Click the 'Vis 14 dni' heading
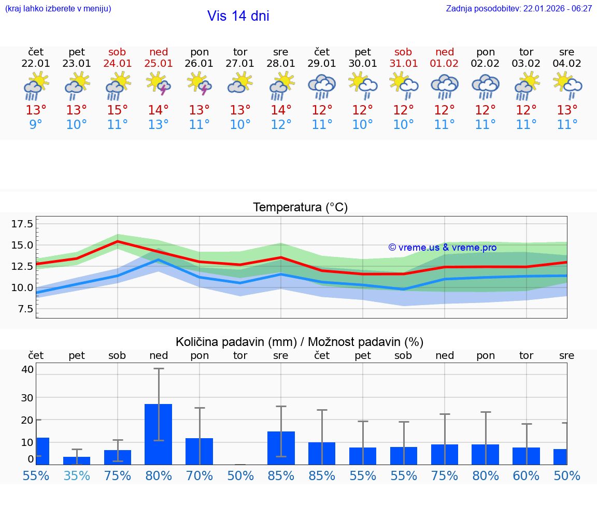pos(238,16)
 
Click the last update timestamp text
pos(519,8)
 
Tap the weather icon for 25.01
pos(159,84)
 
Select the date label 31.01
pos(403,64)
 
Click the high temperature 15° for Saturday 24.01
pos(118,110)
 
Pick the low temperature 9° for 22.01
pos(36,125)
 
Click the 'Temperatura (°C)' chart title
pos(300,208)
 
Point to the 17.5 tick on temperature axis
pos(22,224)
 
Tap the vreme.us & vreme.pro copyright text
pos(442,248)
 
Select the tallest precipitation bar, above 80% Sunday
pos(158,434)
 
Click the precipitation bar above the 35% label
pos(77,460)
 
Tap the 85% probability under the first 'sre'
pos(281,475)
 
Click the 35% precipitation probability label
pos(77,475)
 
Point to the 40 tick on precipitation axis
pos(27,369)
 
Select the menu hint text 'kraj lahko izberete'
pos(58,8)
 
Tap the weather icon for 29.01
pos(322,86)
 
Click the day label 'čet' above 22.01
pos(36,52)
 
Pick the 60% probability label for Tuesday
pos(527,475)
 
